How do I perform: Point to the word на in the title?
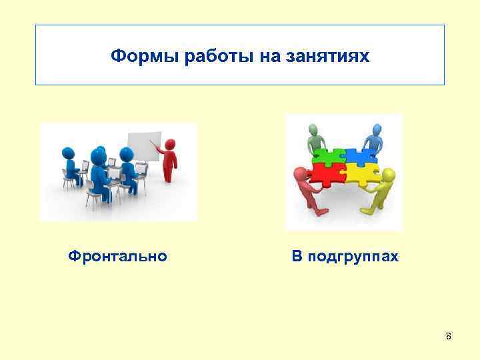click(255, 55)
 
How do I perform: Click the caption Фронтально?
click(118, 255)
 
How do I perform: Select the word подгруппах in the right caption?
click(353, 256)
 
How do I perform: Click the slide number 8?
click(448, 336)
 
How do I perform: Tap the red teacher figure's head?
click(169, 143)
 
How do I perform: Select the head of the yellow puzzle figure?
click(389, 175)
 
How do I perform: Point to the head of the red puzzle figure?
click(299, 174)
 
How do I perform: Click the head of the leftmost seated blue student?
click(68, 153)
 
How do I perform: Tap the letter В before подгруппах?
click(296, 256)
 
